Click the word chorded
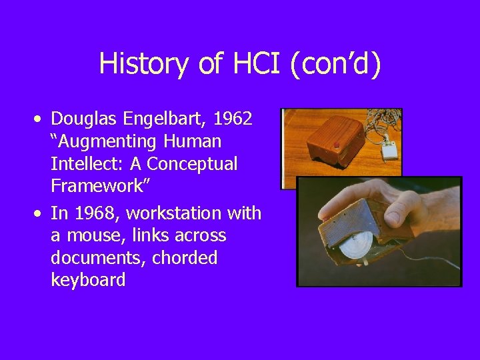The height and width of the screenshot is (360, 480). pos(185,258)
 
